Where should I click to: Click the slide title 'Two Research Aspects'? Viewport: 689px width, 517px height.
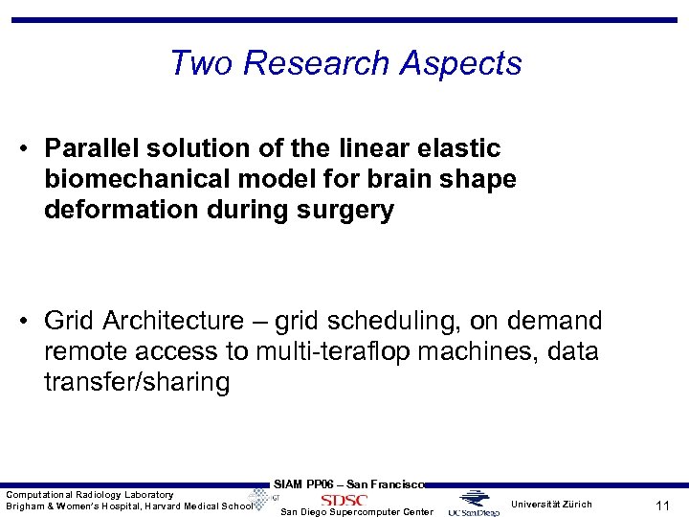pos(345,63)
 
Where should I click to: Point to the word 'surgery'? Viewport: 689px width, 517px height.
pos(347,211)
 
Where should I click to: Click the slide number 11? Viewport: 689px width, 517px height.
pos(660,504)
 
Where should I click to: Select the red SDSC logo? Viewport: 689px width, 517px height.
pos(344,500)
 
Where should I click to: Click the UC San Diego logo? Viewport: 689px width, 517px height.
pos(474,505)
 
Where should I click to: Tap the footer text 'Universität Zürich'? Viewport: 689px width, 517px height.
pos(551,504)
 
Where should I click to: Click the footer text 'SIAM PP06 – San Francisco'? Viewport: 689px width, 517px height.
pos(348,484)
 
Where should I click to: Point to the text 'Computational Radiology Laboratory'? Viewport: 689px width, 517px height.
pos(90,494)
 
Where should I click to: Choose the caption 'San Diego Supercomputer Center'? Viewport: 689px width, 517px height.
pos(356,512)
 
